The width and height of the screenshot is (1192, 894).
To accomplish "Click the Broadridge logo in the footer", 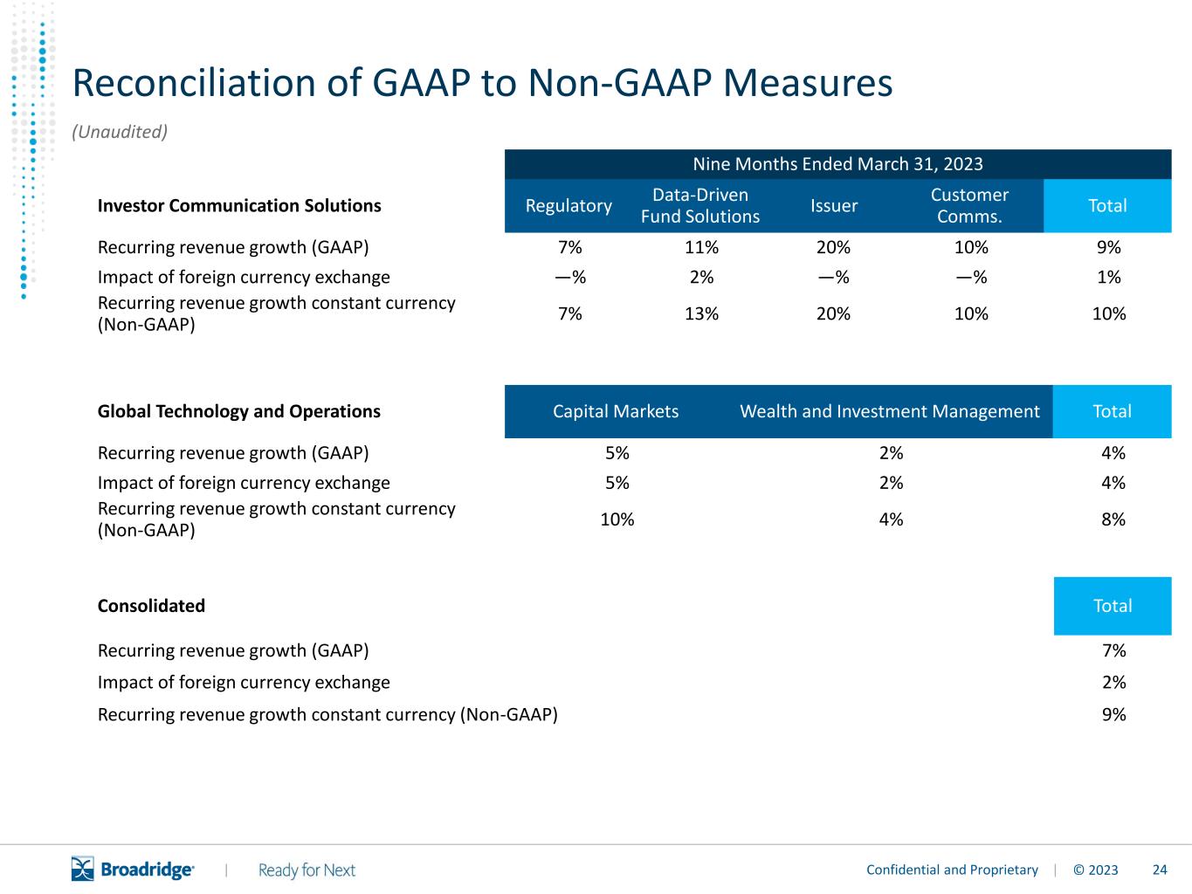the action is (x=133, y=869).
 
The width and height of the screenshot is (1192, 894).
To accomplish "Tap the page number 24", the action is (x=1160, y=870).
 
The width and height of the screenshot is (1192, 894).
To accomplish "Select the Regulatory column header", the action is (x=568, y=206).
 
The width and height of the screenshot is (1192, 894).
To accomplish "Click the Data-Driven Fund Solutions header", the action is (x=700, y=206).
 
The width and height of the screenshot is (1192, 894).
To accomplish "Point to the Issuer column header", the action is (x=834, y=206).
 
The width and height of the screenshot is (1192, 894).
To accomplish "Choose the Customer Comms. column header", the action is (x=969, y=206).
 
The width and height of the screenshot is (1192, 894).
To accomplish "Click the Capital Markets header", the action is (x=616, y=411).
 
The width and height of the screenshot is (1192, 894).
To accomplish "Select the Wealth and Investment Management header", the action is (x=890, y=411).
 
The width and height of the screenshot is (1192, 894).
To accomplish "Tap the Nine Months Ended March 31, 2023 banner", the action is (x=837, y=164).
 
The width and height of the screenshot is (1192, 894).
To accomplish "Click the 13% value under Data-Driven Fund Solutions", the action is (x=701, y=313).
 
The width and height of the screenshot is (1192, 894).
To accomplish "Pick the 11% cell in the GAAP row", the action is (x=701, y=248).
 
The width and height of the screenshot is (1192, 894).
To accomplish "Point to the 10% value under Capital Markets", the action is (x=617, y=519).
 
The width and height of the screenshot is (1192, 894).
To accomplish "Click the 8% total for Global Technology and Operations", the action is (x=1113, y=519).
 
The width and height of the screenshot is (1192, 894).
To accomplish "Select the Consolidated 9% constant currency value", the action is (x=1113, y=714).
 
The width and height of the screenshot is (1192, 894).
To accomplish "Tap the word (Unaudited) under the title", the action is (x=120, y=132).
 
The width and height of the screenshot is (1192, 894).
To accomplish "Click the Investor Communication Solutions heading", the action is (x=239, y=206).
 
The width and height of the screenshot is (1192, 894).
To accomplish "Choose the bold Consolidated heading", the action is (x=151, y=606).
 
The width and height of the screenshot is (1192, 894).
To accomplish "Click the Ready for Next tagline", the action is (x=307, y=870).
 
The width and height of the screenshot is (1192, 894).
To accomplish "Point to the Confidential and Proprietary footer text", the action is (x=952, y=870).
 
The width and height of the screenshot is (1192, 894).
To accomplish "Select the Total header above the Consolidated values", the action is (x=1113, y=606).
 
